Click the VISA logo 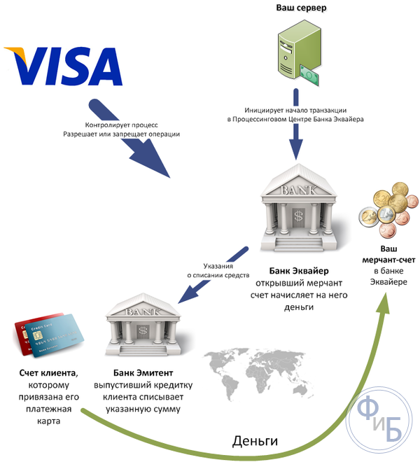click(64, 66)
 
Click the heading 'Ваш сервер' click(301, 8)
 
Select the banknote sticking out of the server click(309, 76)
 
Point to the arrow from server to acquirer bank click(295, 124)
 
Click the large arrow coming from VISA click(129, 139)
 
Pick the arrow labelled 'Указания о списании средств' click(213, 275)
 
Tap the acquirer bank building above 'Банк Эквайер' click(298, 209)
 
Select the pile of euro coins click(388, 210)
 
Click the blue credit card click(55, 335)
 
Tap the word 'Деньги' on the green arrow click(255, 441)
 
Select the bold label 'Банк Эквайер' click(299, 271)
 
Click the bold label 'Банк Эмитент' click(143, 373)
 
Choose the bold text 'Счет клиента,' click(49, 373)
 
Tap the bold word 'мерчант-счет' click(388, 260)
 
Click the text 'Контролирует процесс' click(121, 125)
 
